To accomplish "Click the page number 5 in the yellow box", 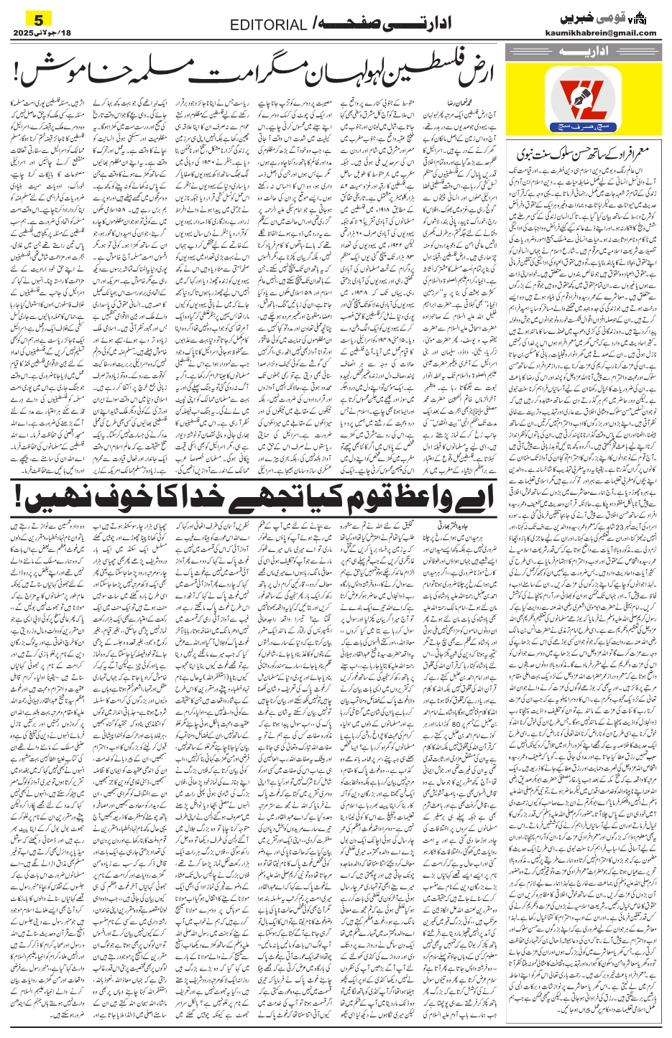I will coord(29,17).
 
